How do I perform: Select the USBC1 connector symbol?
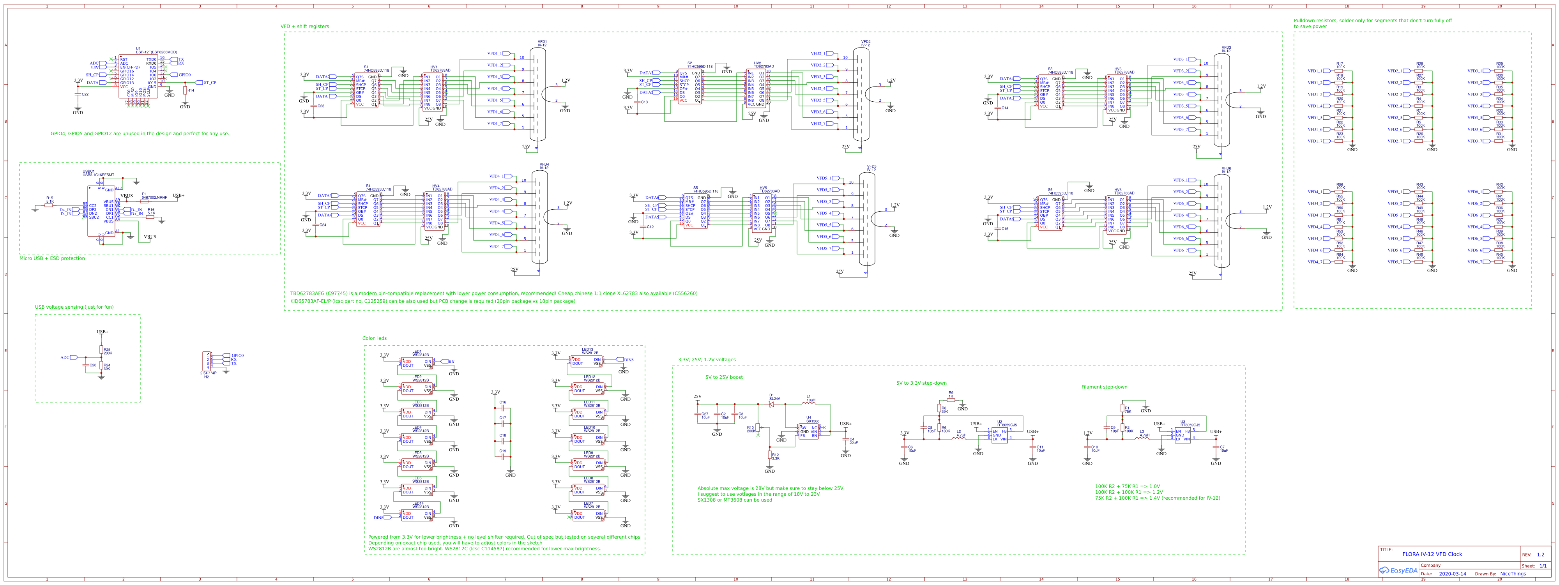[101, 210]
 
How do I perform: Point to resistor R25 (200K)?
[102, 350]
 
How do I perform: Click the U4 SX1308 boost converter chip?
[809, 431]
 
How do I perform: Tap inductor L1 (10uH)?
[809, 402]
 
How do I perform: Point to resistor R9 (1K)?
[951, 400]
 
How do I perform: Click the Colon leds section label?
[374, 338]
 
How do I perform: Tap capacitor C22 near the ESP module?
[78, 94]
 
